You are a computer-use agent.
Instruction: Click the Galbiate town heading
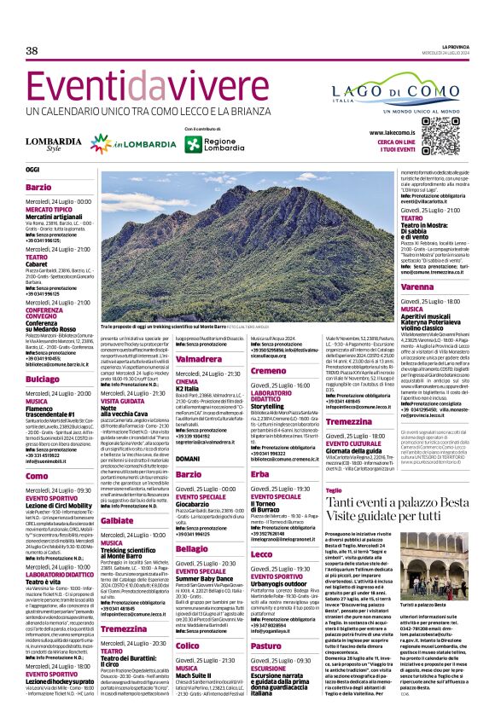118,519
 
